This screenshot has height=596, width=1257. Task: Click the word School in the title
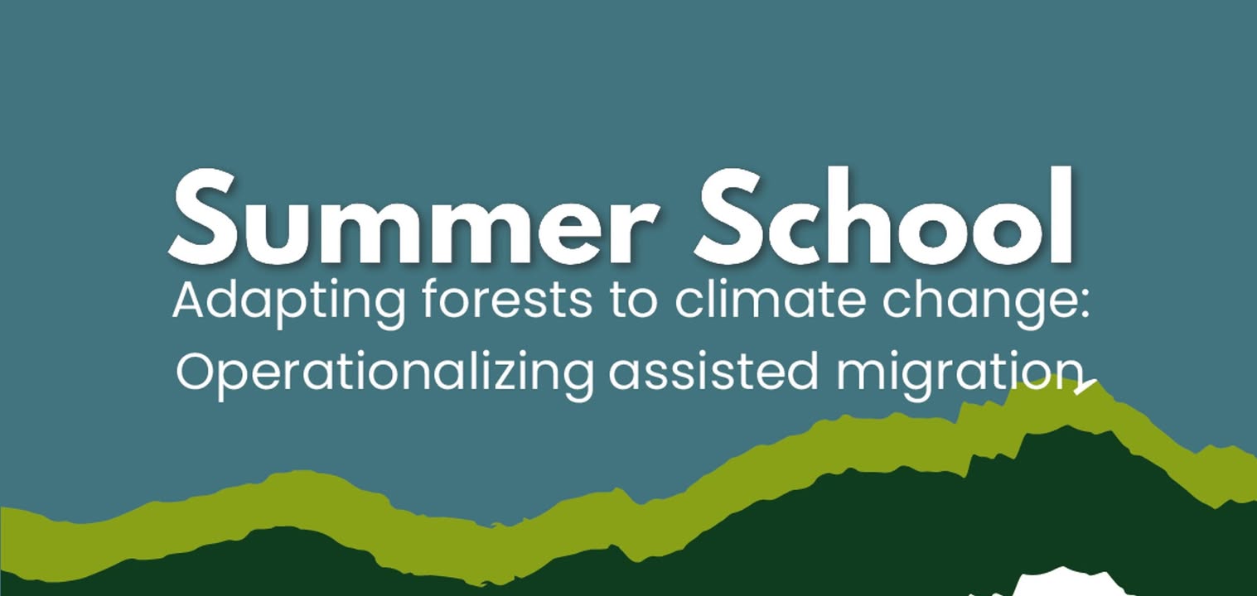click(885, 215)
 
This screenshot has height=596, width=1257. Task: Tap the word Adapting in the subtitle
click(289, 303)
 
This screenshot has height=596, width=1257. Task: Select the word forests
click(507, 300)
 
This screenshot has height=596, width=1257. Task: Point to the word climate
click(770, 300)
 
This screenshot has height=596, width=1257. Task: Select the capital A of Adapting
click(194, 300)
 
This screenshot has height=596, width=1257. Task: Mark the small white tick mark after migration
click(1086, 387)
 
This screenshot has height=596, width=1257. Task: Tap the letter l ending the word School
click(1063, 214)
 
